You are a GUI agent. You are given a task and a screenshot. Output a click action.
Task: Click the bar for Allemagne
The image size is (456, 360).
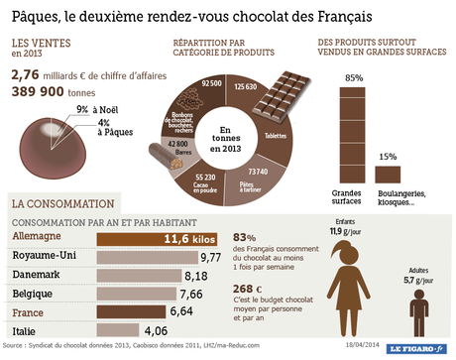coord(159,239)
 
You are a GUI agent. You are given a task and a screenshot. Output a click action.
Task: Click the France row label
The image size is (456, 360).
coord(30,311)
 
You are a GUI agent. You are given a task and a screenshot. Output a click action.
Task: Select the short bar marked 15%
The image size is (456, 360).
coord(387,174)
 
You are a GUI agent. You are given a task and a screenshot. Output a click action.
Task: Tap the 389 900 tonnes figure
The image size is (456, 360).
coord(52,90)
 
